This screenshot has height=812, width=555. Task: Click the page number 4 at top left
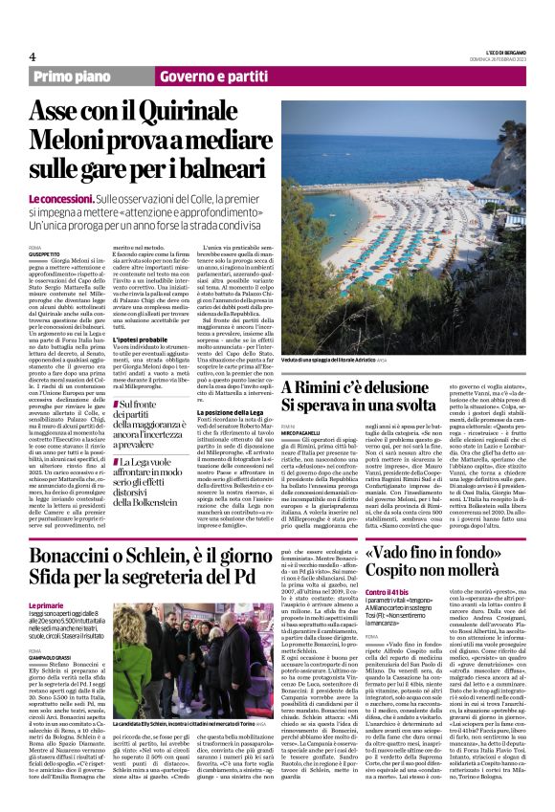pos(33,55)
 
